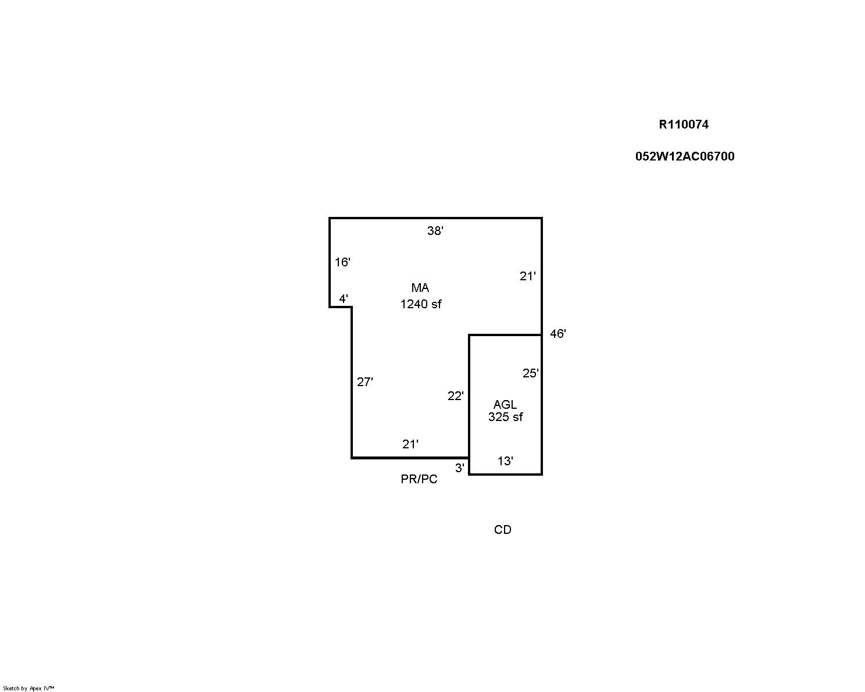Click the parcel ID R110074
(683, 124)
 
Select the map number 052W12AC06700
(685, 156)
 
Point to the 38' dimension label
(435, 231)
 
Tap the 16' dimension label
(342, 262)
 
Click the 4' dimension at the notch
(344, 299)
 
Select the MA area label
(420, 287)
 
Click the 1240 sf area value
(421, 304)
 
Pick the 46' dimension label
(558, 334)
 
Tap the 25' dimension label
(531, 373)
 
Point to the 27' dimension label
(365, 382)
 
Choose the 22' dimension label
(456, 396)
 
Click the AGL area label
(505, 404)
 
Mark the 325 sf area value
(505, 417)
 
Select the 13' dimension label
(505, 461)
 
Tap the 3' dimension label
(460, 468)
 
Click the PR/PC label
(419, 479)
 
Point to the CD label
(502, 530)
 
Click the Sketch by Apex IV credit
(28, 688)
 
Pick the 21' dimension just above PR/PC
(410, 444)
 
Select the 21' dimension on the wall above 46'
(528, 276)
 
